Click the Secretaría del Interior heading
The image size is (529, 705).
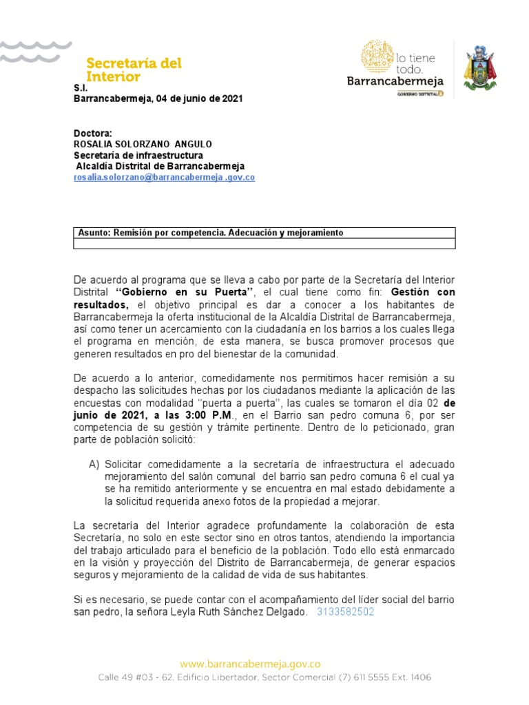[x=133, y=70]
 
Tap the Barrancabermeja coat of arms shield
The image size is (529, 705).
[x=480, y=67]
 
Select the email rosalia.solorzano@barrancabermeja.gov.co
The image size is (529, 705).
[x=165, y=177]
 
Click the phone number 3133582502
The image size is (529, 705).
[x=345, y=611]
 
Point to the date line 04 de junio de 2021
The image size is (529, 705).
[x=158, y=98]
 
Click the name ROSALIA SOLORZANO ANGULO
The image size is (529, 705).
[x=143, y=144]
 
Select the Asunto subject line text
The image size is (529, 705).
[x=210, y=233]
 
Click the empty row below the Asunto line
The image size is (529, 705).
[x=264, y=243]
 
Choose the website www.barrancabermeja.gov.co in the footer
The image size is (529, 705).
[x=250, y=664]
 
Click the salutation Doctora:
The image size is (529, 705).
[x=92, y=133]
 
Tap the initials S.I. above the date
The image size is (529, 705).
[x=80, y=88]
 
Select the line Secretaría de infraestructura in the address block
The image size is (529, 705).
[x=138, y=155]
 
